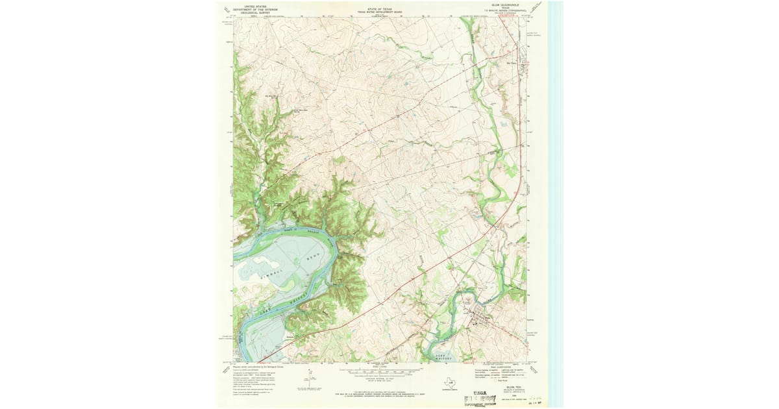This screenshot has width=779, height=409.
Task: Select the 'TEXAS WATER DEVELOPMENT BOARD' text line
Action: click(x=380, y=12)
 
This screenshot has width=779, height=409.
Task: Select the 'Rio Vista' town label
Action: click(x=512, y=63)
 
